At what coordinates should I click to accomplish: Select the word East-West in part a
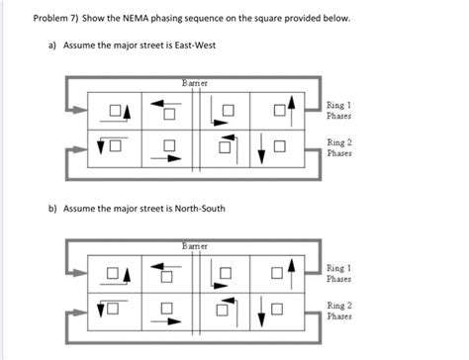tap(194, 46)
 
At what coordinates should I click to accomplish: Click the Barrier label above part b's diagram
tap(196, 243)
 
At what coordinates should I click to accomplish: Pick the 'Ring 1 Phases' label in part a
tap(342, 110)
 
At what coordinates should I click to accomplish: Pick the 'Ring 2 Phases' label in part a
tap(342, 149)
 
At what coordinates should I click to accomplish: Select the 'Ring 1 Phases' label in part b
tap(342, 273)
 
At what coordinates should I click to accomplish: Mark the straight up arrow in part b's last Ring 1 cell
tap(290, 269)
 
